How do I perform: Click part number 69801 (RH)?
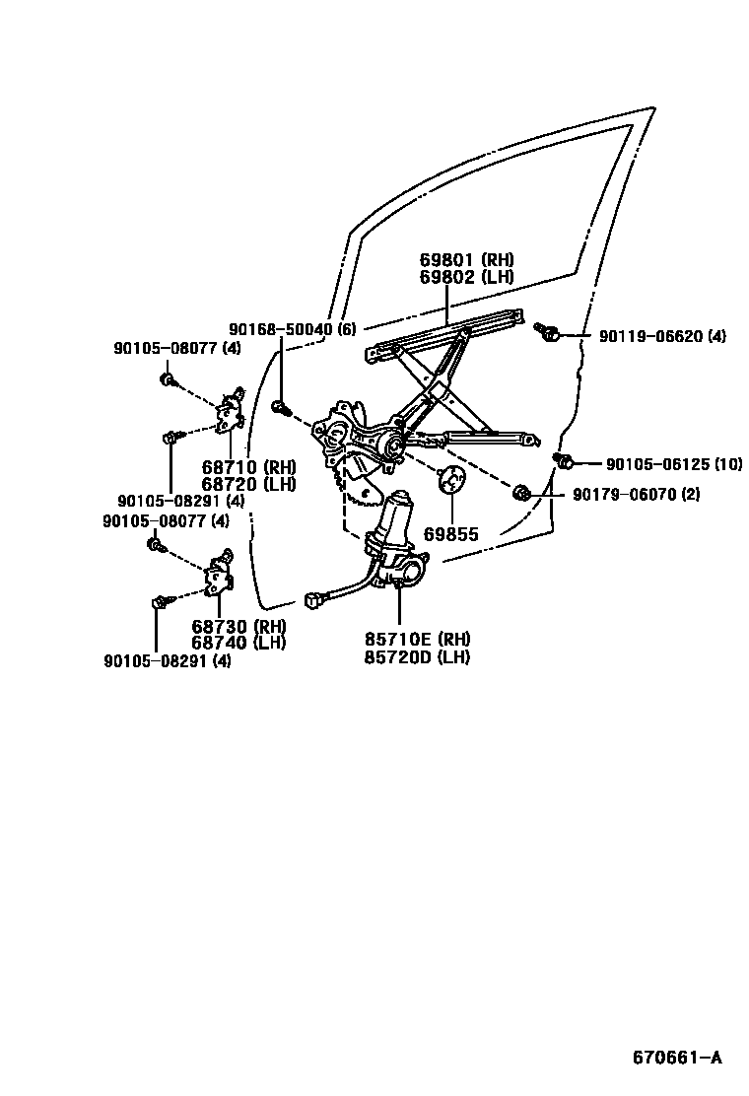coord(466,260)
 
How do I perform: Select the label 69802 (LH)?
coord(466,277)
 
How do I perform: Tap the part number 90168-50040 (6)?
coord(292,330)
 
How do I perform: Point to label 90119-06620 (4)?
coord(662,336)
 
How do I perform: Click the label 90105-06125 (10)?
coord(673,463)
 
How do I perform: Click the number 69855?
coord(451,534)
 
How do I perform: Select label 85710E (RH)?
coord(418,639)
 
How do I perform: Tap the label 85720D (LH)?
coord(417,656)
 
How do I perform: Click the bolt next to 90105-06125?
coord(565,460)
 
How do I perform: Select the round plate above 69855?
coord(451,480)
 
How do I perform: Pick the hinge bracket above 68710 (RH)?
coord(233,410)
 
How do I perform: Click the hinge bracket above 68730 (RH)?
coord(219,575)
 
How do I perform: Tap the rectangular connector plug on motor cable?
coord(315,596)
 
